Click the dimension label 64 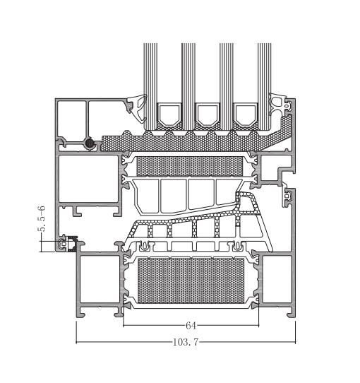[x=191, y=326]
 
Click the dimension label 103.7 [x=186, y=342]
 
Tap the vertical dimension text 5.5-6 [x=42, y=218]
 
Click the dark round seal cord [x=90, y=143]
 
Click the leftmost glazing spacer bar [x=169, y=114]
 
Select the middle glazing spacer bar [x=208, y=114]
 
